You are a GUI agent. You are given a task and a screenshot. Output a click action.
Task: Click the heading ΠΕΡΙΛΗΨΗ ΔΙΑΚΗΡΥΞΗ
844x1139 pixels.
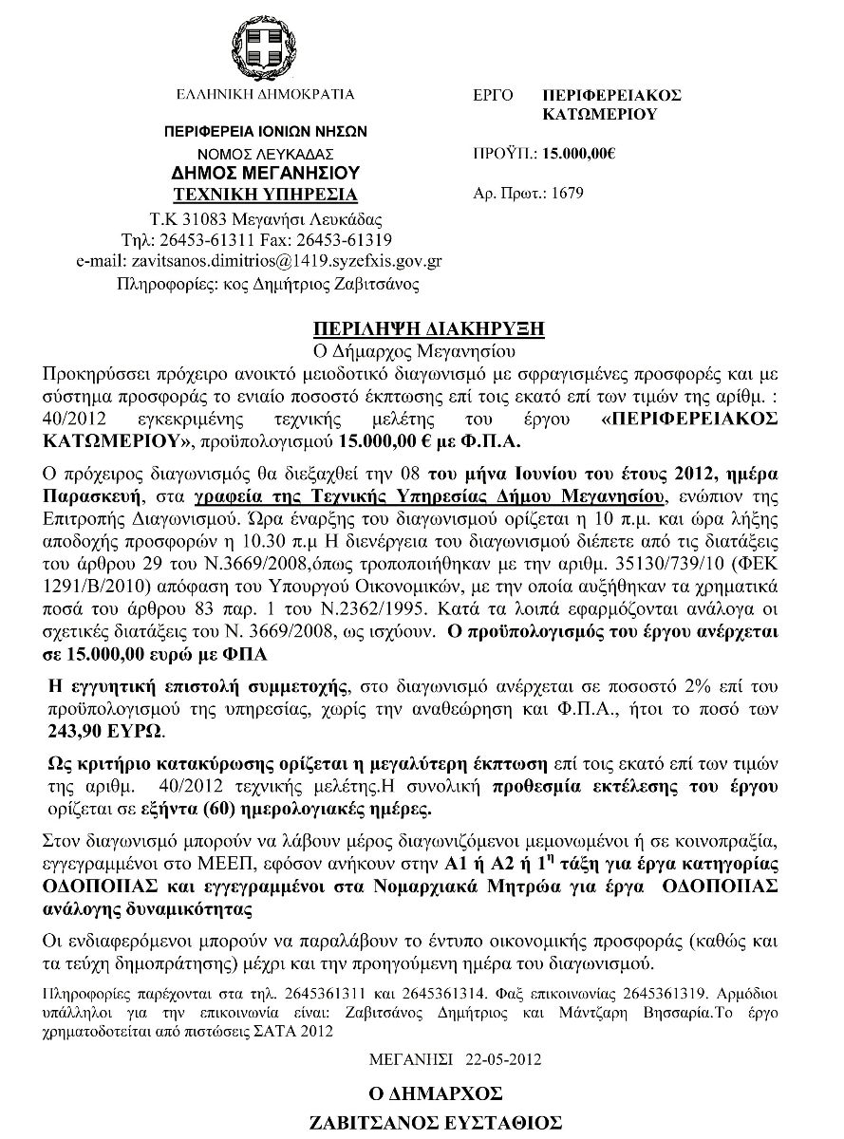[x=429, y=328]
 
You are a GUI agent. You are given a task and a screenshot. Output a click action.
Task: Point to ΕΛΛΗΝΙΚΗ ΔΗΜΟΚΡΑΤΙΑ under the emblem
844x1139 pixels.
[x=265, y=95]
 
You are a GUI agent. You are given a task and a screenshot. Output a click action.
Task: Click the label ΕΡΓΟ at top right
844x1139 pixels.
[x=493, y=96]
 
